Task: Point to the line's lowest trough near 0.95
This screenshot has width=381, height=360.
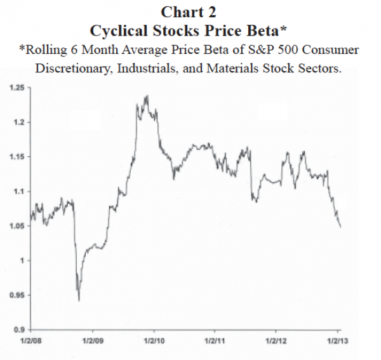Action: click(x=78, y=300)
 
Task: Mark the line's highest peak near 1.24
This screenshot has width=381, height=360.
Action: click(x=147, y=96)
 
